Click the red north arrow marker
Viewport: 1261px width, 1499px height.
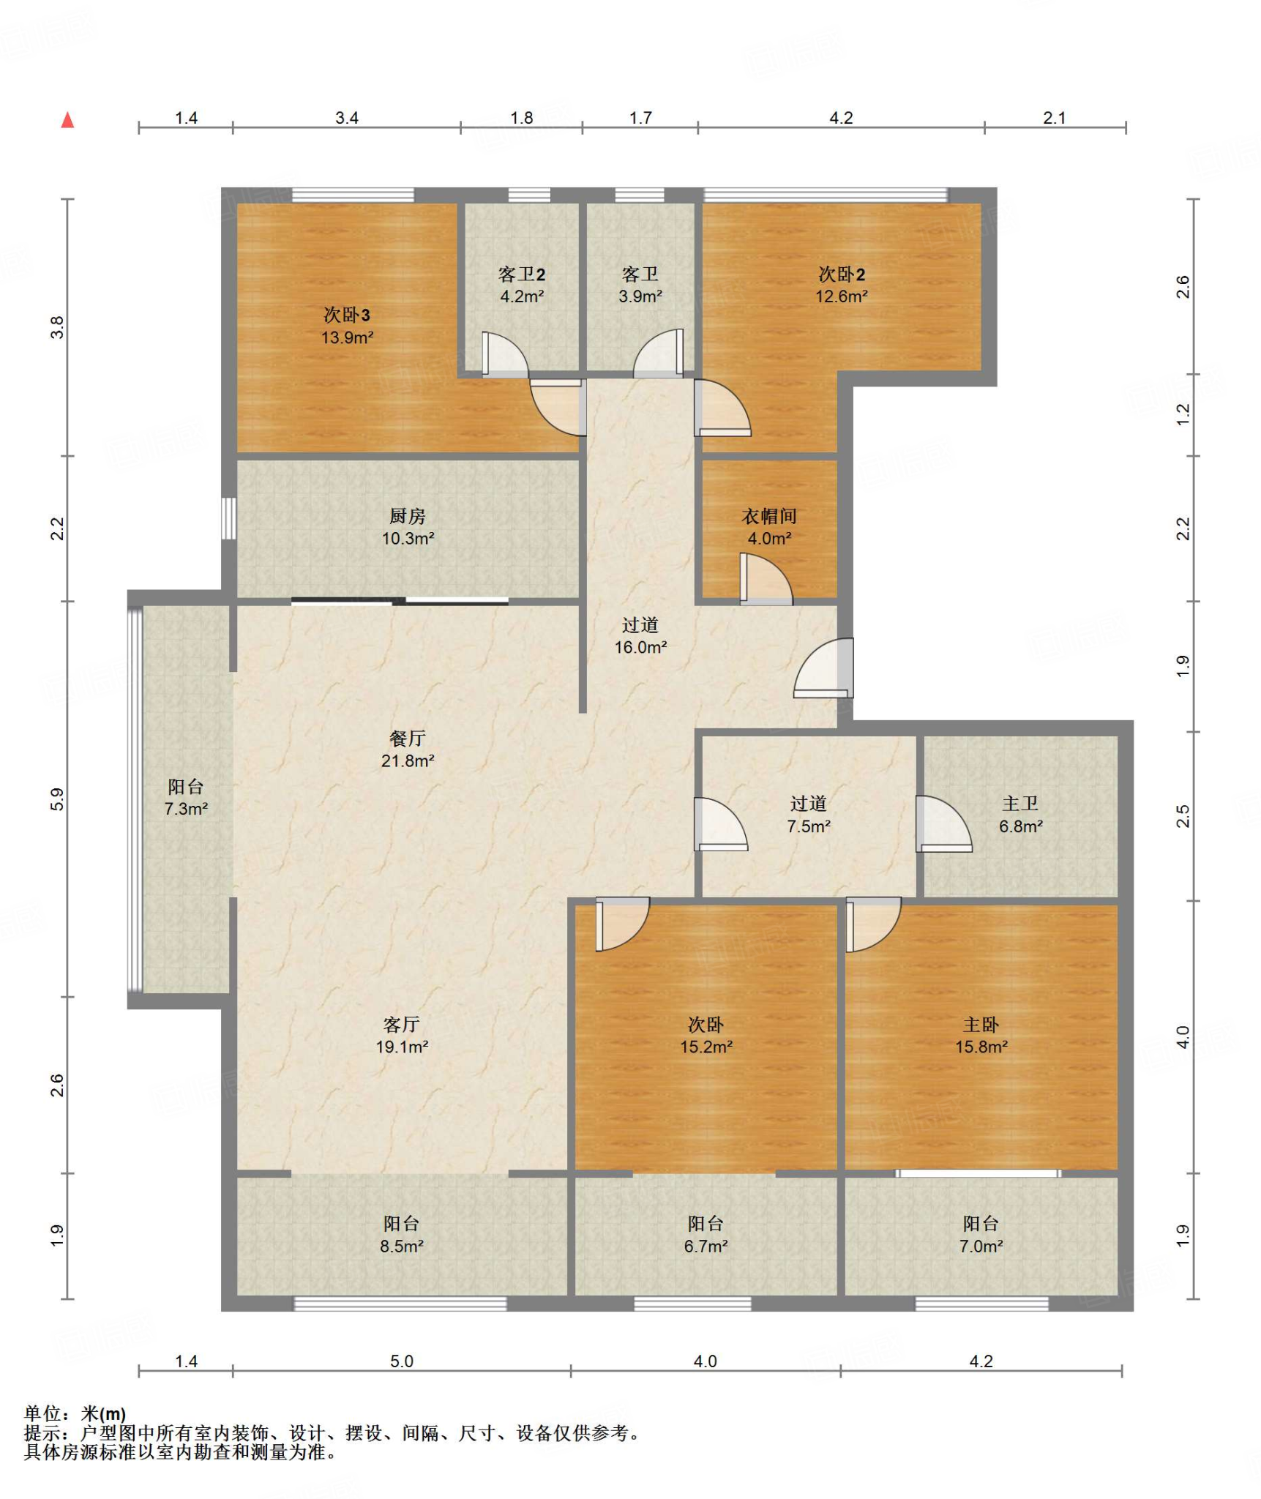pos(67,120)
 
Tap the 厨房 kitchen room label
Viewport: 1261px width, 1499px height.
pos(408,516)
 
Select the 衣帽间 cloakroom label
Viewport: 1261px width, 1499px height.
pos(769,516)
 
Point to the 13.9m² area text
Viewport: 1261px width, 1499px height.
pos(348,337)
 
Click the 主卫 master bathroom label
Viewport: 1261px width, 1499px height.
pos(1020,804)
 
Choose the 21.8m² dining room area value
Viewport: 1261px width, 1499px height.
pos(408,760)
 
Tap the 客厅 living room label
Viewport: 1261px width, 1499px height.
pos(402,1025)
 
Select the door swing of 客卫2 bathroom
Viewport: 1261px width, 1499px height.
pos(505,355)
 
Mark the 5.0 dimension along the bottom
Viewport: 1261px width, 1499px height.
pos(402,1361)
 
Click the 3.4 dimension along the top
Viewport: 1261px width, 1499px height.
pos(347,118)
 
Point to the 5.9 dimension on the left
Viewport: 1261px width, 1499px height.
pos(57,799)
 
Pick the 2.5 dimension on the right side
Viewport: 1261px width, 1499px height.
pos(1183,816)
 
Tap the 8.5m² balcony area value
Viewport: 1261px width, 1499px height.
pos(402,1246)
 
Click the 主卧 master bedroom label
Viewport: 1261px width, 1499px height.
pos(981,1025)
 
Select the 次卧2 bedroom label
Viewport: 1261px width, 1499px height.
pos(842,274)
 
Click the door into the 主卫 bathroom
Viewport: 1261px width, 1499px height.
pos(943,823)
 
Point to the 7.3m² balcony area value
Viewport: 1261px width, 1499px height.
pos(186,809)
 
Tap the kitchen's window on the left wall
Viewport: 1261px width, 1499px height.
pos(229,519)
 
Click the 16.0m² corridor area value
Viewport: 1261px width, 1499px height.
pos(640,647)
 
